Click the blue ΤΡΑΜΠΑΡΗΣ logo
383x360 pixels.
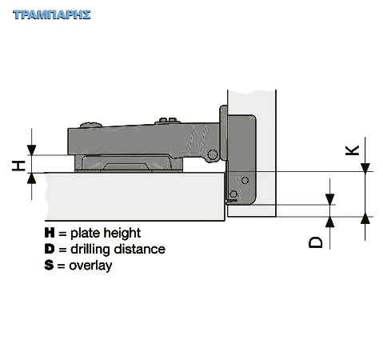click(x=52, y=14)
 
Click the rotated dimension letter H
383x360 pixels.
click(x=18, y=166)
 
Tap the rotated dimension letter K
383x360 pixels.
click(x=352, y=150)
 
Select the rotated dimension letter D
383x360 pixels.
click(x=316, y=242)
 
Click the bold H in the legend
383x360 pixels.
click(x=50, y=233)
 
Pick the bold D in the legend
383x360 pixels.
click(x=50, y=249)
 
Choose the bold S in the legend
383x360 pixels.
click(x=49, y=265)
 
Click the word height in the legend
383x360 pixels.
click(x=122, y=234)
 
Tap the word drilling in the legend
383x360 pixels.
click(x=90, y=250)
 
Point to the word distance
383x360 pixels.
click(x=140, y=249)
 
